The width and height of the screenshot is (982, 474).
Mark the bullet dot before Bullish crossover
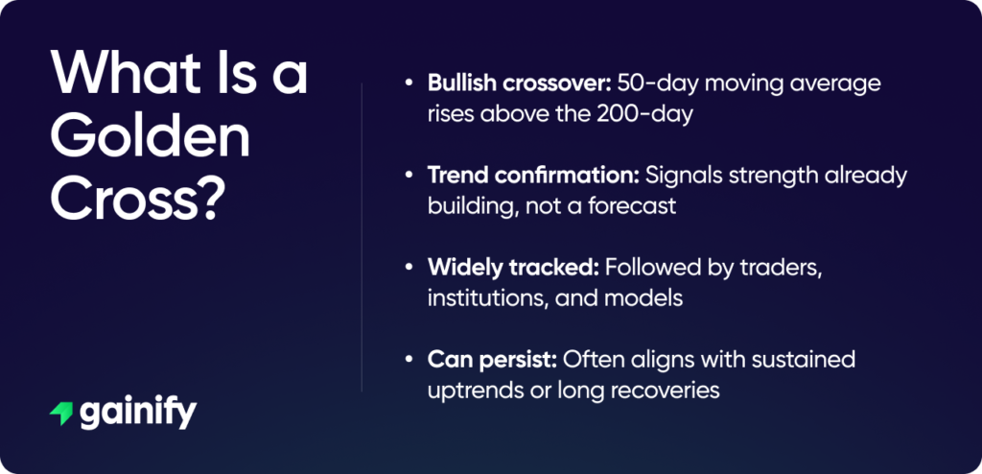coord(409,84)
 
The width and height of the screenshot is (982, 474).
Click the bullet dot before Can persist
coord(409,364)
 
